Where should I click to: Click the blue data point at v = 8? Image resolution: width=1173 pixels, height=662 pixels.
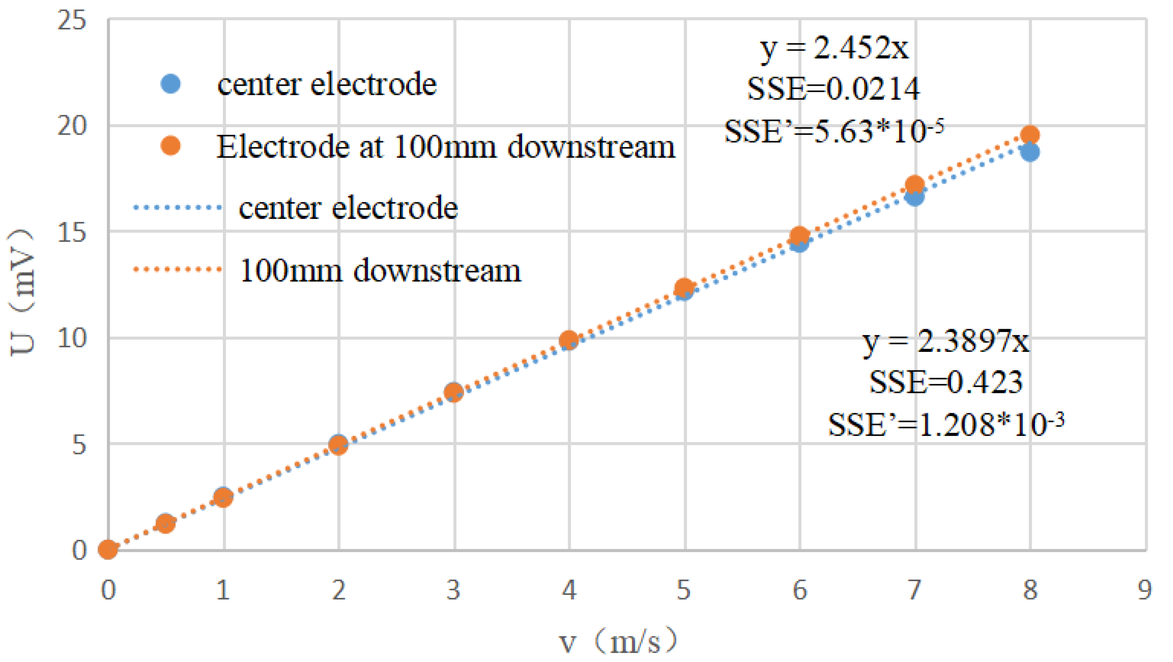(1029, 152)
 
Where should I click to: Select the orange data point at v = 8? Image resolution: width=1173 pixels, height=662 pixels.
(1029, 135)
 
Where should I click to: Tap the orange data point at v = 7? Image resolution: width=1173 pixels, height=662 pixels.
(914, 185)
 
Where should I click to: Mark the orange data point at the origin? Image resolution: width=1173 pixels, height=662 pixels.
(108, 550)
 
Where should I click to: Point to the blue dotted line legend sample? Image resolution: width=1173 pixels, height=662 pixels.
(178, 208)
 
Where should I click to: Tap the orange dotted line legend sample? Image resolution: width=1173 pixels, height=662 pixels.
(178, 270)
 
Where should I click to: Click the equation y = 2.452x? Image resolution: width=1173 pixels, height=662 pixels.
(834, 47)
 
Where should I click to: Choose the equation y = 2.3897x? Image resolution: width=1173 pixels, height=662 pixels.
(946, 341)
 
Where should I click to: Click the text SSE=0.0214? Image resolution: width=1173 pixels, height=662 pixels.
(833, 88)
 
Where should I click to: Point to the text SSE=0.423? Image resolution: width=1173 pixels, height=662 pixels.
(946, 382)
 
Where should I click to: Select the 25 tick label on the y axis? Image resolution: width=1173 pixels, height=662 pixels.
(71, 21)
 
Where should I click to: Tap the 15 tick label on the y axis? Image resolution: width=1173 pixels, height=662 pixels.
(71, 232)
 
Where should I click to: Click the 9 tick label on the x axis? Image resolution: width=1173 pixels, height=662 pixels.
(1145, 590)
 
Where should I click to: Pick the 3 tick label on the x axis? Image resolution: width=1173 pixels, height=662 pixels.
(453, 590)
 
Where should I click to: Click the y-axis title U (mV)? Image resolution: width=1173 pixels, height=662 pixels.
(22, 291)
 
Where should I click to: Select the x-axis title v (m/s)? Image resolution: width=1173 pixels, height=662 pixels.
(618, 641)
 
